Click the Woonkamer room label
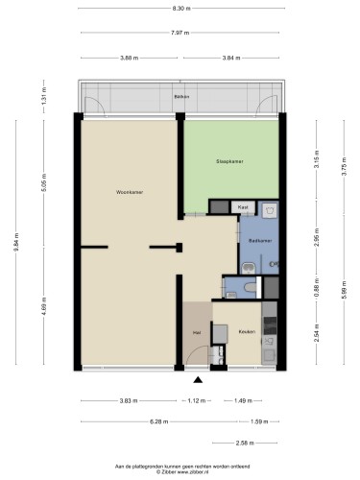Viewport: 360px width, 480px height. click(130, 192)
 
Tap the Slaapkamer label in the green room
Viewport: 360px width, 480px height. click(229, 161)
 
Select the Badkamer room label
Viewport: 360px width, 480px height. click(260, 241)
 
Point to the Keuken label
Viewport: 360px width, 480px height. click(247, 332)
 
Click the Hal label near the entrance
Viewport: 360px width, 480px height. click(197, 333)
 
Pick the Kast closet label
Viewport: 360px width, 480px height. click(243, 207)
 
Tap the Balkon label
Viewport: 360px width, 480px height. click(181, 97)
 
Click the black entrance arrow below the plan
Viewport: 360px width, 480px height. click(198, 380)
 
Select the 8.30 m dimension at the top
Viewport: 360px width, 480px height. click(181, 9)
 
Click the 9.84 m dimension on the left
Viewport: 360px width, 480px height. click(16, 242)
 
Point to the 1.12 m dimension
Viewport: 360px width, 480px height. click(196, 400)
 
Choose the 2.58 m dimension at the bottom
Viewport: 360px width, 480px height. click(245, 444)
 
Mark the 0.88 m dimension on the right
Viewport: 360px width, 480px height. click(317, 287)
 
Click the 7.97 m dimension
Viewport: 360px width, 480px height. click(180, 33)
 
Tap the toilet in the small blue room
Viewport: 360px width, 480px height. click(251, 287)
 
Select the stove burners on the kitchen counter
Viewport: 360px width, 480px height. click(269, 325)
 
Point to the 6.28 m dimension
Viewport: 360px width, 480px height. click(158, 421)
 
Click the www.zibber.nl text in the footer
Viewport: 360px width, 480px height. click(194, 471)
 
